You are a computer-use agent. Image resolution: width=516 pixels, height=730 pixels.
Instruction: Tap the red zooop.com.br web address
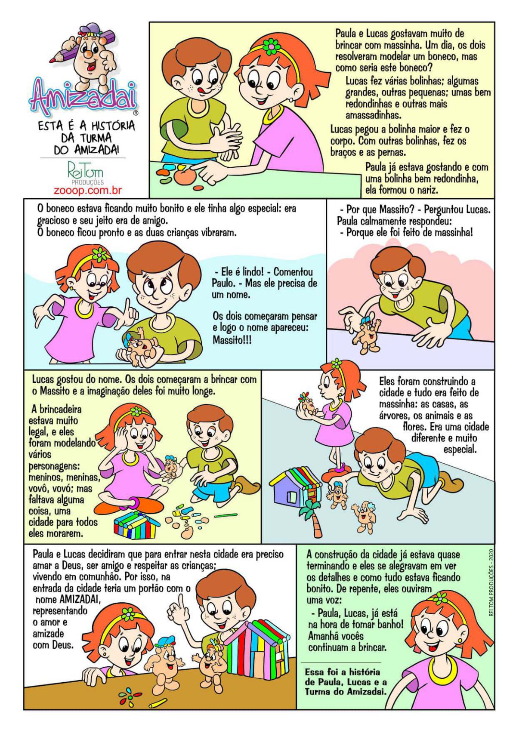click(x=87, y=191)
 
